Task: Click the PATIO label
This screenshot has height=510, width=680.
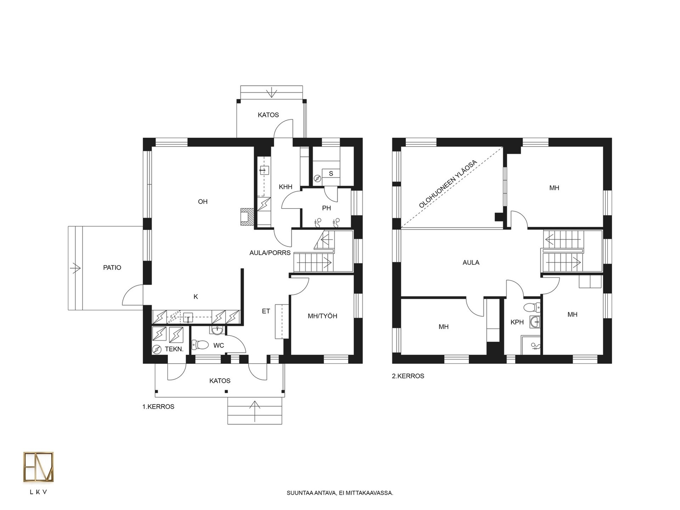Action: tap(112, 268)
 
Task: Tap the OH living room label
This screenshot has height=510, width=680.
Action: tap(203, 201)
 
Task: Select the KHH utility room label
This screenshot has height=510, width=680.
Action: tap(285, 187)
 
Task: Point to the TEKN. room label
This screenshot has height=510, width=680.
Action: tap(174, 349)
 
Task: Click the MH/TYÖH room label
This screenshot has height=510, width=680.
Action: tap(322, 316)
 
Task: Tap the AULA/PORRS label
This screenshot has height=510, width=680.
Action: tap(270, 253)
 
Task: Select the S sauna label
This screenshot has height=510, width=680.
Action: tap(331, 173)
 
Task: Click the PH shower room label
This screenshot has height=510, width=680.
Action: tap(326, 208)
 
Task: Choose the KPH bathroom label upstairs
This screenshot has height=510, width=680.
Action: tap(517, 322)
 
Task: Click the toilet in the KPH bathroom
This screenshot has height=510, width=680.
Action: tap(532, 307)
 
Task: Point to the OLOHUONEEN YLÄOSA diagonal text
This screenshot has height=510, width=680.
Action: tap(448, 184)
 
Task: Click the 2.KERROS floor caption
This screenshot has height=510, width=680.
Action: tap(408, 376)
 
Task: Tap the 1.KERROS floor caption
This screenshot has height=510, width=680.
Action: tap(158, 407)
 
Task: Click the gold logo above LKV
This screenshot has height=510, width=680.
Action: tap(38, 467)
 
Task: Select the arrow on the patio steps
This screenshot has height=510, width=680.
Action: tap(76, 268)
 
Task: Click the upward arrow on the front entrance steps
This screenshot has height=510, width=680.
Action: tap(255, 411)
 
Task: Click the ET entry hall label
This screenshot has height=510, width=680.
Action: tap(266, 311)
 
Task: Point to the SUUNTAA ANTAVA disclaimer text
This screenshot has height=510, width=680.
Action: tap(340, 493)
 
